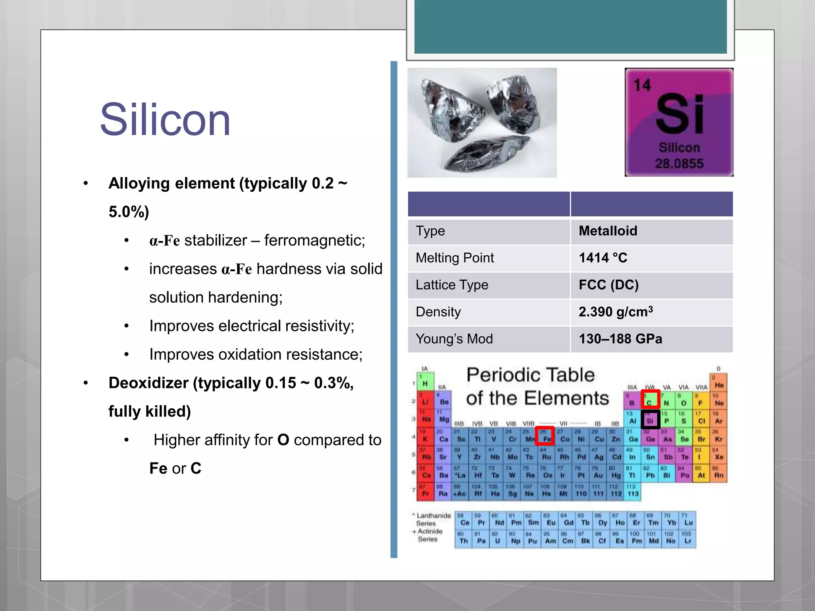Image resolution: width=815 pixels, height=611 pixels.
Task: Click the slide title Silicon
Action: tap(165, 120)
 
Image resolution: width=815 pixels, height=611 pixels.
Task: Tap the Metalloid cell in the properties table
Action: tap(608, 231)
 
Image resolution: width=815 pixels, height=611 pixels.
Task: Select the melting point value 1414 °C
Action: tap(602, 258)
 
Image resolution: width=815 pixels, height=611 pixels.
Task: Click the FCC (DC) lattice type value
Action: tap(608, 285)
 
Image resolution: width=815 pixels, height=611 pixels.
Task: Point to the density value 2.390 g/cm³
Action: tap(615, 312)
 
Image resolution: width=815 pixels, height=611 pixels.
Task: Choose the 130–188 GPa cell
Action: tap(620, 339)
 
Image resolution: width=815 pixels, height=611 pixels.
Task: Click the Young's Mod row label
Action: tap(454, 339)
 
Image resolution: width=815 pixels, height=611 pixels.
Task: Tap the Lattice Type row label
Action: tap(452, 285)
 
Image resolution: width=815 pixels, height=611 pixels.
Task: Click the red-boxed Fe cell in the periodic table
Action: tap(545, 436)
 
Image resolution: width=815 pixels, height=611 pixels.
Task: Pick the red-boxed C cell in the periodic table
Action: tap(650, 400)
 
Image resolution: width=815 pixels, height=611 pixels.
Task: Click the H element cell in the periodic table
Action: tap(425, 381)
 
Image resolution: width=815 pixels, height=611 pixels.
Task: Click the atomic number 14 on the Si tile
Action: tap(642, 85)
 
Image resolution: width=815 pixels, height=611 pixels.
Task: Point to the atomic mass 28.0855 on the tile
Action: tap(679, 163)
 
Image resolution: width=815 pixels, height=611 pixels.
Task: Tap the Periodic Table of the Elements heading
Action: tap(537, 386)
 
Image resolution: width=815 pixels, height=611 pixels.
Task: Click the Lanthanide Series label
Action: tap(433, 519)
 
